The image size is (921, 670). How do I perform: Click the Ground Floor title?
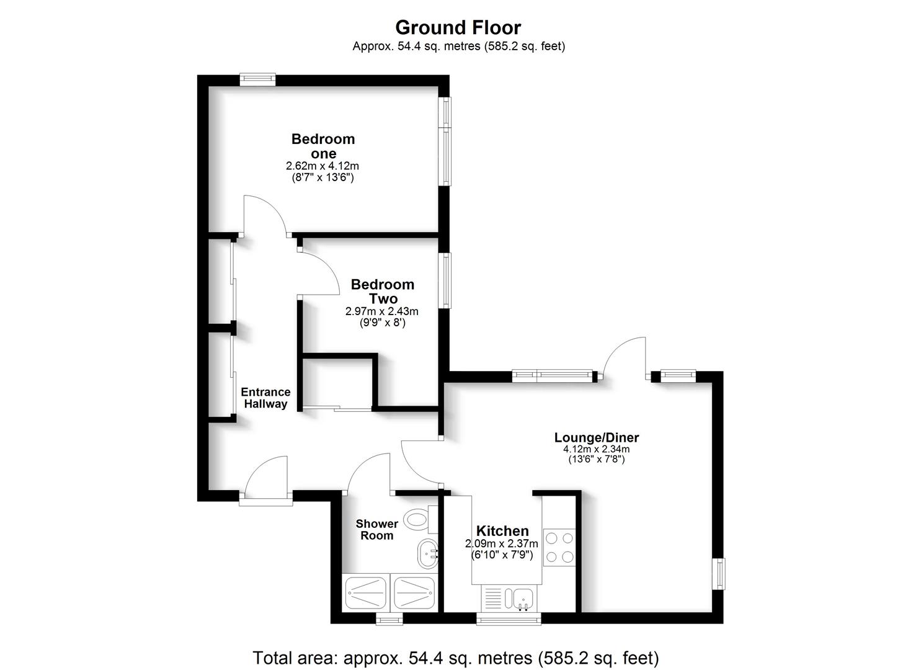[458, 27]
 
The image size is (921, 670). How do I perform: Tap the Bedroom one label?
[323, 146]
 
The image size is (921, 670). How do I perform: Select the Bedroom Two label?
[383, 291]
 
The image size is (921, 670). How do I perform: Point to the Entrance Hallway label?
[265, 398]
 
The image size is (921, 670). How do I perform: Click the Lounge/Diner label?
[596, 437]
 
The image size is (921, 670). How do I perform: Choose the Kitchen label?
[502, 531]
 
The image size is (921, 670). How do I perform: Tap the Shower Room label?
[376, 530]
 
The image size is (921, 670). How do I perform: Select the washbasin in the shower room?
[427, 553]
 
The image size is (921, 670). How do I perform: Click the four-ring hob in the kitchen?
[559, 547]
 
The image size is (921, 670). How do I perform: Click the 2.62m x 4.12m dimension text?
[322, 166]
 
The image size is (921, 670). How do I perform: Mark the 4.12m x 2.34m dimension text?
[596, 449]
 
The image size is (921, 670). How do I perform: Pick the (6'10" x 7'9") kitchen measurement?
[502, 555]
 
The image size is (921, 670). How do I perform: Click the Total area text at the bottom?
[455, 657]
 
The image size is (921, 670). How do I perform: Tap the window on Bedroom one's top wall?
[257, 79]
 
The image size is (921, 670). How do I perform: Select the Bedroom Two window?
[445, 280]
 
